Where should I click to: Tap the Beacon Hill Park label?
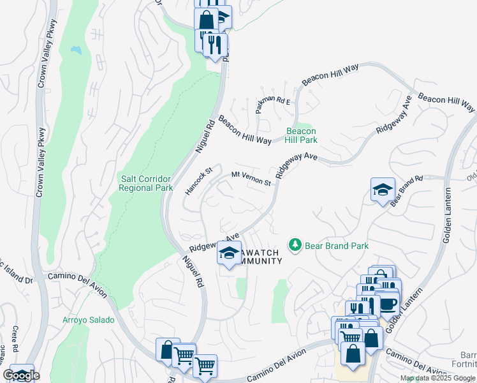point(301,135)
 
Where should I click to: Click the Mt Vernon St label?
point(251,178)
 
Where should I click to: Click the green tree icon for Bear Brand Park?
point(295,244)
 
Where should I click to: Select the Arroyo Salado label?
point(89,320)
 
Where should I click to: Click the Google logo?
point(22,375)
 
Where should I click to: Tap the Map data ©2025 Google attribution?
point(437,378)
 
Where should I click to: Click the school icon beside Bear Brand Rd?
point(383,190)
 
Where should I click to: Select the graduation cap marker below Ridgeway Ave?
point(229,253)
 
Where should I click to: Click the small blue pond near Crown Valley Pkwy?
point(77,49)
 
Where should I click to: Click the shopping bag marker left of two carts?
point(168,350)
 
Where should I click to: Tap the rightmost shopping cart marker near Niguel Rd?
point(205,366)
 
